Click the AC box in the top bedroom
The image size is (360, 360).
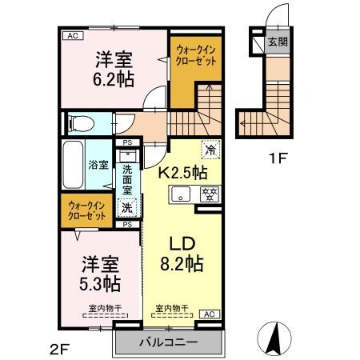(x=71, y=36)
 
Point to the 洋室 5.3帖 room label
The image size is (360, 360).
(x=101, y=273)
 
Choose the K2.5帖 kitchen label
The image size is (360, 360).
(x=182, y=172)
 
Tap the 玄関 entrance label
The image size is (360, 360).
(x=276, y=42)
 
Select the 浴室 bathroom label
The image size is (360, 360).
(x=96, y=166)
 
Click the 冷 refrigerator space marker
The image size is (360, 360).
(x=211, y=150)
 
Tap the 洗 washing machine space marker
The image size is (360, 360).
(x=126, y=207)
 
